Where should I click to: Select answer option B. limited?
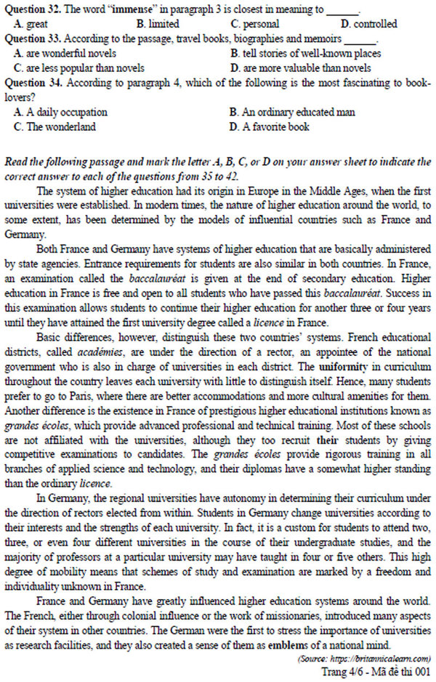coord(157,25)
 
